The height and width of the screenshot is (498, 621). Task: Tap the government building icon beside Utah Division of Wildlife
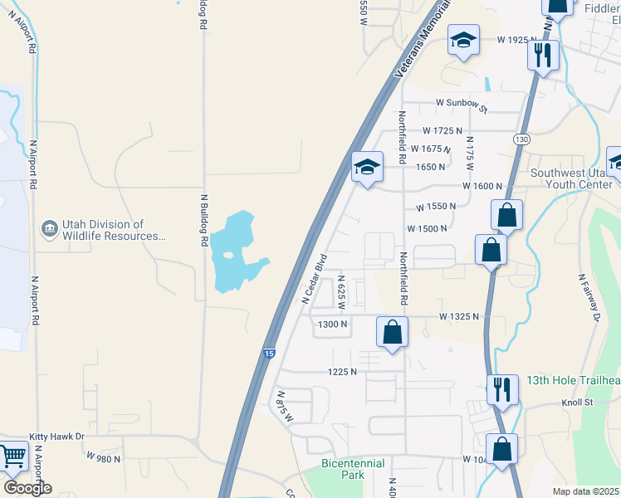(49, 227)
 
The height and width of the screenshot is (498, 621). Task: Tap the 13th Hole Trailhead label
(573, 381)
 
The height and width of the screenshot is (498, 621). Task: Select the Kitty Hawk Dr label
(57, 437)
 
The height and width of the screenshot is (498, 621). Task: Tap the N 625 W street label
(341, 290)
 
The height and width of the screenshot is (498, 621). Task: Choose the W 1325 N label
(459, 316)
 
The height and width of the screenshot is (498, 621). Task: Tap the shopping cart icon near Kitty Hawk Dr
(12, 456)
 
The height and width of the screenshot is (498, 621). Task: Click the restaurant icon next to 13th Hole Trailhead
(501, 388)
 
